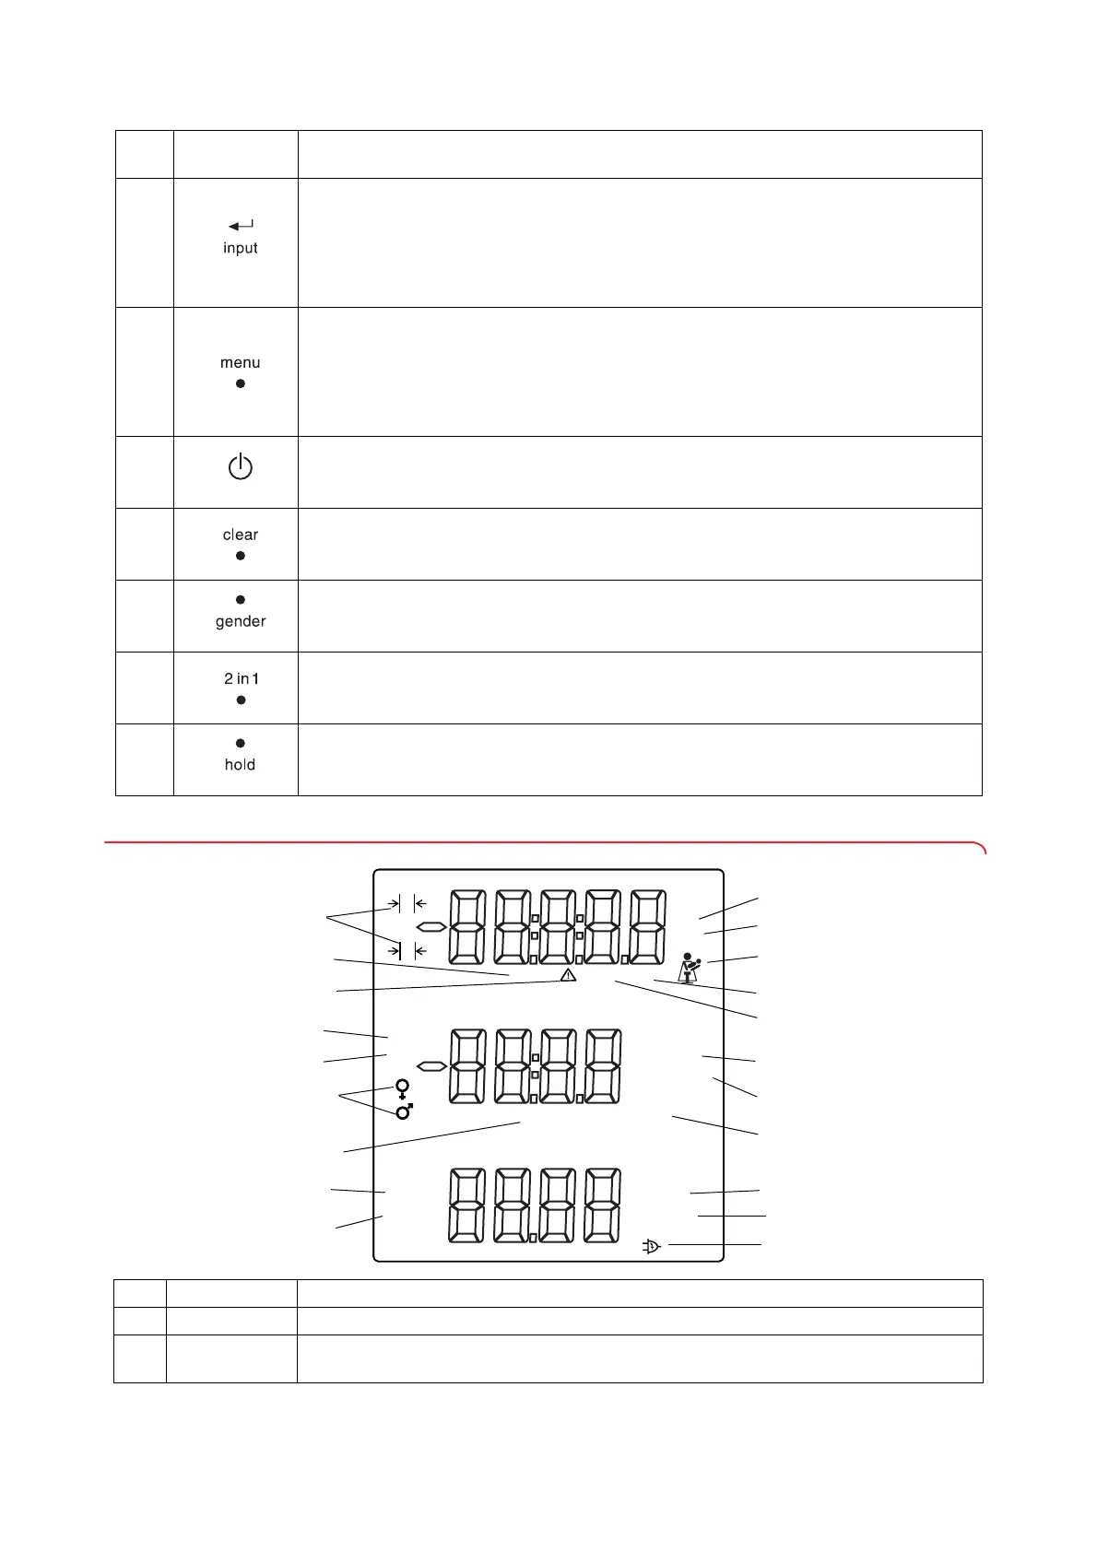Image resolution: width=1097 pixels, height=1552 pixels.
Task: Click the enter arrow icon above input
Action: point(241,226)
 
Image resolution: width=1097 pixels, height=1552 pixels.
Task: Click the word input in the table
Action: point(241,248)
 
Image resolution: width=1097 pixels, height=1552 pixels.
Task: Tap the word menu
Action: point(241,363)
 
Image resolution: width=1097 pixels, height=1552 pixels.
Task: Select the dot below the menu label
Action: point(241,383)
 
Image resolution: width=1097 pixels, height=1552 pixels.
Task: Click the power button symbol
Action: point(241,467)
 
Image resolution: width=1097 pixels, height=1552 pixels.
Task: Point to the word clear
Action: point(241,535)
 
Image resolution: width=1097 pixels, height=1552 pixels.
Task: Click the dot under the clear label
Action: point(241,556)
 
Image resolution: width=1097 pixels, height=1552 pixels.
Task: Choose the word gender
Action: point(241,621)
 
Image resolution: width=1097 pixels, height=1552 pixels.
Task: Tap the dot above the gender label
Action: point(241,600)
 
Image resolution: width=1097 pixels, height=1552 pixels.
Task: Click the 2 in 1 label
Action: point(242,678)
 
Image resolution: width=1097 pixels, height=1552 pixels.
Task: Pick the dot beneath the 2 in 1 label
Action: point(242,700)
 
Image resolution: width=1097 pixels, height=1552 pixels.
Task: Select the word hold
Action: point(241,765)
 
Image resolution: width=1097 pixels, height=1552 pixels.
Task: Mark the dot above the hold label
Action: point(241,743)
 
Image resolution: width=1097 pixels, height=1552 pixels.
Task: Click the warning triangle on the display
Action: point(568,974)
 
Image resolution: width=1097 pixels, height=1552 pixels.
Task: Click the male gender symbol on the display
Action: point(405,1111)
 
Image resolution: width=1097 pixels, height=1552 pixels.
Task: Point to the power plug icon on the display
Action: point(651,1247)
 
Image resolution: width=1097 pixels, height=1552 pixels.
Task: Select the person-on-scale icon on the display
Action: point(689,968)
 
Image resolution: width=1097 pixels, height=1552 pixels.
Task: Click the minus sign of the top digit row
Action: point(431,926)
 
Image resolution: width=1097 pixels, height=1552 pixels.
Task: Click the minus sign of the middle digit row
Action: point(431,1066)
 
